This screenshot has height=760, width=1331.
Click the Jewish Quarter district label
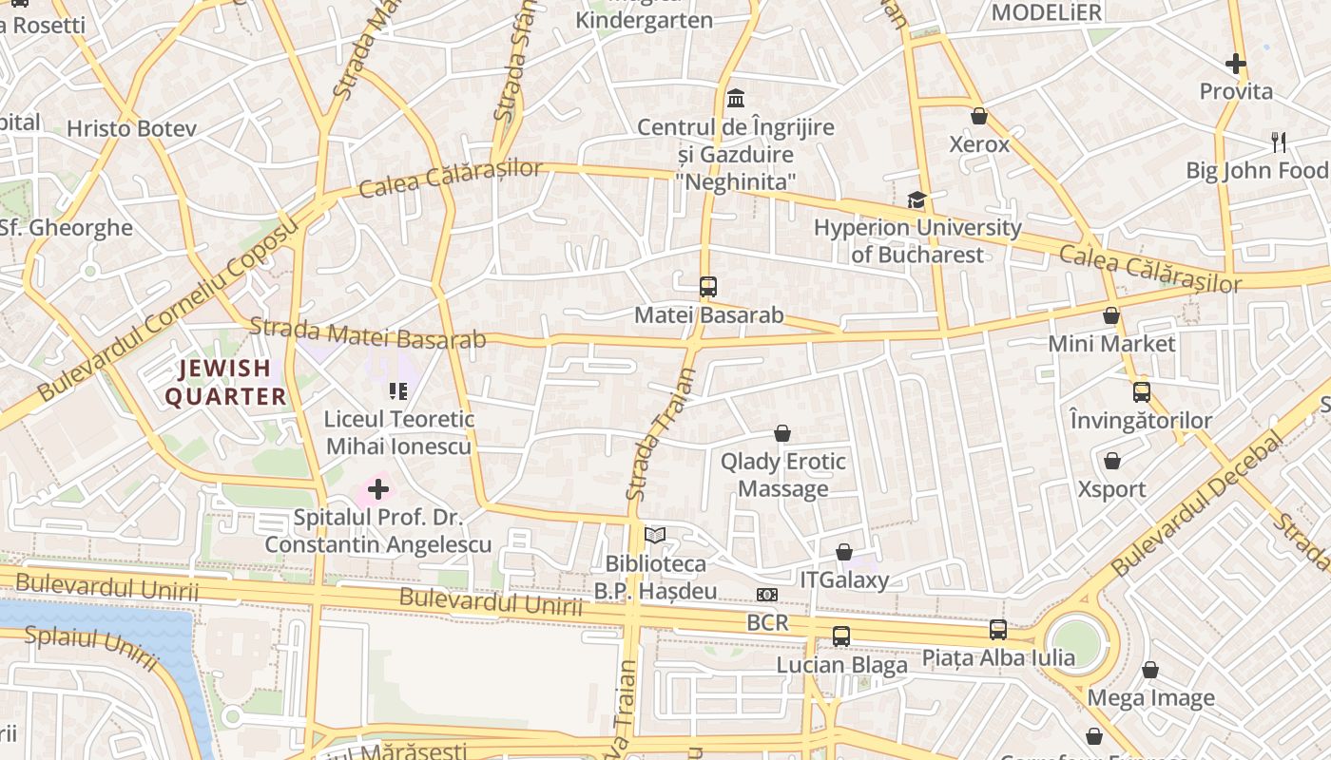pos(226,382)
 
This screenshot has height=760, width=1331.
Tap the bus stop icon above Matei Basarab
pos(707,286)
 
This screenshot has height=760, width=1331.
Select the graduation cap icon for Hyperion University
pos(916,199)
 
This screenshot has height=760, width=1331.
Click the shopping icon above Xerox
pos(979,116)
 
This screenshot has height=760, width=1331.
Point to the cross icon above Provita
pos(1235,64)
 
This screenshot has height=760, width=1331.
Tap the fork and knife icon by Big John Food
pos(1279,142)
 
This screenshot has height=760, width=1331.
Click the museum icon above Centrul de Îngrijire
pos(735,98)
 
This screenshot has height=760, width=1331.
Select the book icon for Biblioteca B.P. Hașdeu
pos(655,536)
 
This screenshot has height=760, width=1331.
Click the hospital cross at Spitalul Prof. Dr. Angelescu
pos(378,490)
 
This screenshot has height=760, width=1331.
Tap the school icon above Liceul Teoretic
pos(398,390)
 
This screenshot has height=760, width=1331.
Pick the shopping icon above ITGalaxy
pos(843,552)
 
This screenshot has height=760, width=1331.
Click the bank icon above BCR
pos(766,595)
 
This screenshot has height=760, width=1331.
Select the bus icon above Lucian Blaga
pos(841,636)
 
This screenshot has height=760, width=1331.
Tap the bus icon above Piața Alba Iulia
pos(998,629)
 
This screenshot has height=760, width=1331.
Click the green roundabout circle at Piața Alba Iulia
pos(1076,642)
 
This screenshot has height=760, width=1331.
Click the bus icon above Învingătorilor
pos(1141,391)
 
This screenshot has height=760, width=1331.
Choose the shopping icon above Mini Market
pos(1111,315)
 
